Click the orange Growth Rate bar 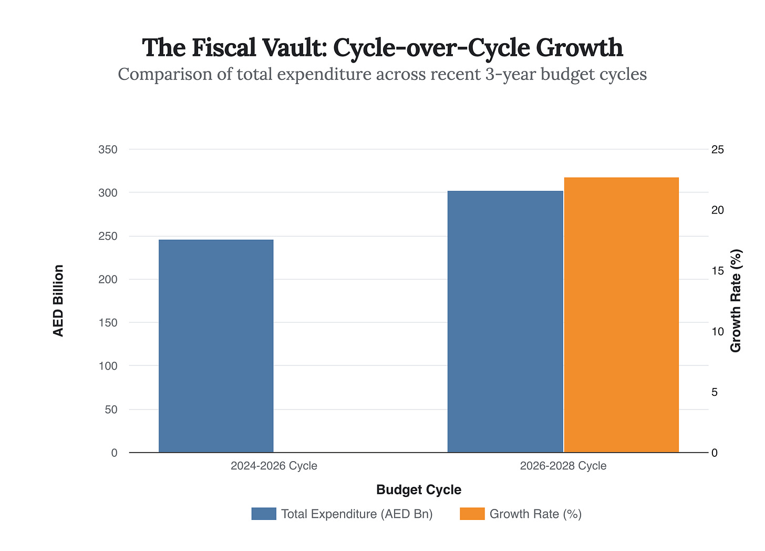click(621, 315)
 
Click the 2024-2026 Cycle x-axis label click(274, 466)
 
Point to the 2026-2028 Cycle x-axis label click(563, 466)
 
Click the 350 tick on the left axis click(108, 150)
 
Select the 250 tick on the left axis click(108, 236)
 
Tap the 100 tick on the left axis click(108, 366)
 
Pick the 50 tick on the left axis click(111, 410)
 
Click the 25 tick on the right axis click(718, 150)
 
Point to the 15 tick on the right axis click(718, 271)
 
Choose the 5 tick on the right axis click(715, 392)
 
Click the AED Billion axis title click(58, 301)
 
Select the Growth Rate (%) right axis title click(736, 301)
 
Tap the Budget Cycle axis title click(419, 490)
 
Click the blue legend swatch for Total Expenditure click(264, 514)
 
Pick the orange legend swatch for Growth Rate click(472, 514)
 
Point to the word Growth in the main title click(580, 48)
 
